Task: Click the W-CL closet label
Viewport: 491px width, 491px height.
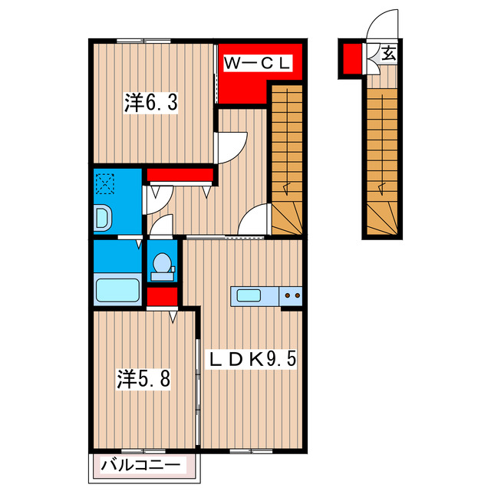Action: tap(258, 64)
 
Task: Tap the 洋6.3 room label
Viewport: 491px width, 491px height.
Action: tap(150, 103)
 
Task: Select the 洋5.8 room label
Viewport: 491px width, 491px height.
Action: tap(143, 378)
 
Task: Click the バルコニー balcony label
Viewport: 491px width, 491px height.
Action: tap(140, 465)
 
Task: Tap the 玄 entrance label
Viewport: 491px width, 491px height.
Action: tap(388, 54)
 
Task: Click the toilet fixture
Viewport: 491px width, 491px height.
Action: tap(162, 267)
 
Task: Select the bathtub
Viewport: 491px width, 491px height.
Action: tap(117, 290)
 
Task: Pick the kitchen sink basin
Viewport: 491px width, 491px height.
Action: tap(249, 295)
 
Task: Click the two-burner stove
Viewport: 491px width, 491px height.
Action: tap(291, 295)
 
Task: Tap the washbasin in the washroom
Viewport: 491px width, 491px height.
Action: tap(102, 218)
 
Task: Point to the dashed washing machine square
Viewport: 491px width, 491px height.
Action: tap(105, 184)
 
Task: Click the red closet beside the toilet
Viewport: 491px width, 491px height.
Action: tap(162, 296)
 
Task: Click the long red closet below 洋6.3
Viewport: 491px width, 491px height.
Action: tap(180, 174)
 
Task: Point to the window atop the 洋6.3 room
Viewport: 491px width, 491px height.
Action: tap(143, 41)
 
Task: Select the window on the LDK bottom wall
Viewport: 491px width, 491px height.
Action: tap(251, 451)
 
